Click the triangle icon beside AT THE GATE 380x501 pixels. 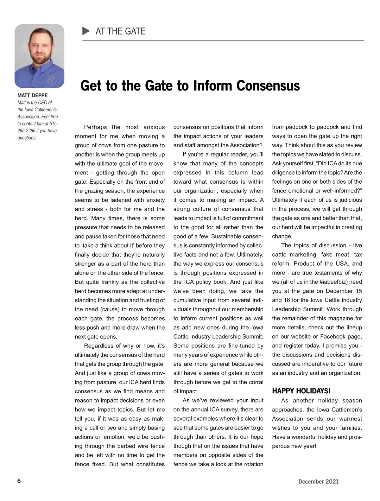click(x=86, y=31)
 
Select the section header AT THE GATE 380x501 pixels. click(x=120, y=31)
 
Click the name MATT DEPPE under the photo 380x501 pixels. click(x=33, y=95)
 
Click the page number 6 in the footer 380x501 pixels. click(x=19, y=481)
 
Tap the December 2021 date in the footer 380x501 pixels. click(x=318, y=482)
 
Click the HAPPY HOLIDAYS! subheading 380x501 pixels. click(x=301, y=391)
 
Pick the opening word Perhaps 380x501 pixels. click(x=95, y=127)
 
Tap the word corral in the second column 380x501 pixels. click(x=255, y=382)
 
